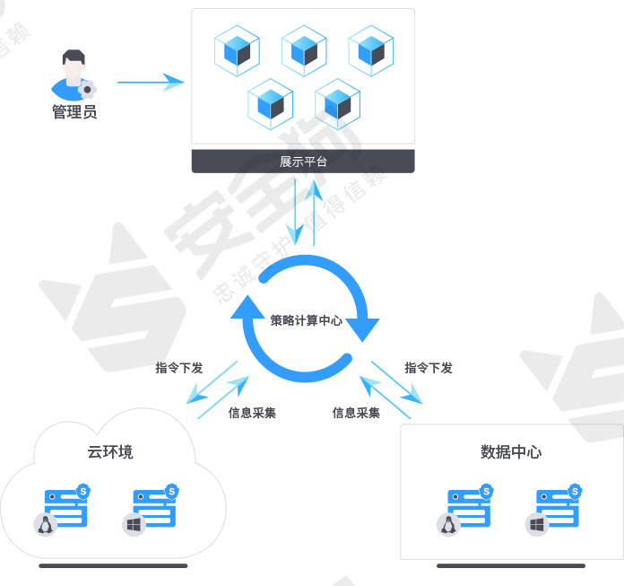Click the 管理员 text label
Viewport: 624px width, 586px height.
coord(74,111)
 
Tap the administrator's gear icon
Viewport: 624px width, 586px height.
coord(87,90)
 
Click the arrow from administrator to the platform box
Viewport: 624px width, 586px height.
coord(151,83)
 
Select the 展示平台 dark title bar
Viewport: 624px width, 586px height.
coord(303,162)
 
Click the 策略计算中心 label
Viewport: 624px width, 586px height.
coord(306,320)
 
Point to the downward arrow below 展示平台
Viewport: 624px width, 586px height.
coord(295,212)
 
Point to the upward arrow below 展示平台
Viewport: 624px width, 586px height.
coord(314,212)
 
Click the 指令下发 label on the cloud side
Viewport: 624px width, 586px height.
coord(179,368)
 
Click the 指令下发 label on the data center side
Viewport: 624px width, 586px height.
coord(429,368)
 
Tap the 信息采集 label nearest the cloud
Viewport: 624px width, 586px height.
coord(252,413)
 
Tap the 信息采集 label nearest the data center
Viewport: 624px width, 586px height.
coord(356,413)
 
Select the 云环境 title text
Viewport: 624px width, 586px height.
coord(110,452)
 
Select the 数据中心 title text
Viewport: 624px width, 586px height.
coord(511,452)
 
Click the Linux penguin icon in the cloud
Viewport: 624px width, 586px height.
coord(45,525)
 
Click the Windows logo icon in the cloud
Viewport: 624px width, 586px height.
coord(134,525)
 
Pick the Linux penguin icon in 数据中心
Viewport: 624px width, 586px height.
coord(448,525)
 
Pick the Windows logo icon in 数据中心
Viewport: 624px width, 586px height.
coord(537,525)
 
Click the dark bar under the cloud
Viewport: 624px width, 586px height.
coord(113,565)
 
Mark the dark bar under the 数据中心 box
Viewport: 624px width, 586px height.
coord(511,565)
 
